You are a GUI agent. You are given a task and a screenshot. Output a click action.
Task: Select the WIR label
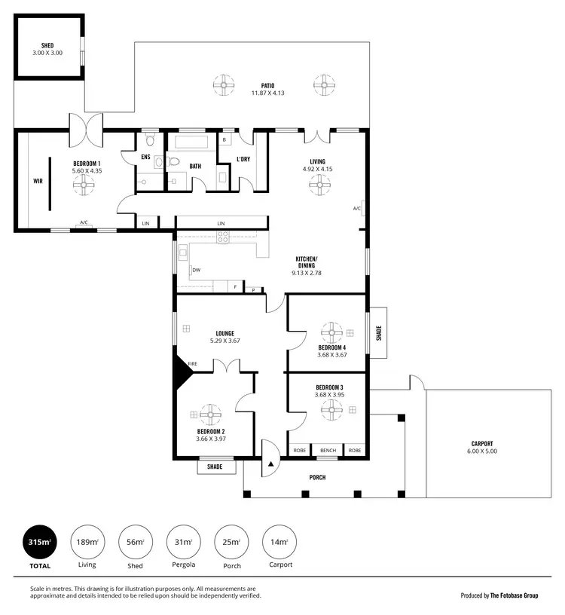pyautogui.click(x=38, y=181)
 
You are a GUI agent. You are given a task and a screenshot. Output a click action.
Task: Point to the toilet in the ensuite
pyautogui.click(x=149, y=141)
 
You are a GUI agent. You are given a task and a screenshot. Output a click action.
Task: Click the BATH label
pyautogui.click(x=195, y=166)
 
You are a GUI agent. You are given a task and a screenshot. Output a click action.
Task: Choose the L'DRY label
pyautogui.click(x=243, y=159)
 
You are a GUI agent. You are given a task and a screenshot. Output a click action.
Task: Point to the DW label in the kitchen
pyautogui.click(x=196, y=269)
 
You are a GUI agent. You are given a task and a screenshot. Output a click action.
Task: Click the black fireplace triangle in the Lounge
pyautogui.click(x=183, y=369)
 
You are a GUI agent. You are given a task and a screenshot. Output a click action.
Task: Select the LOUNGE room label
pyautogui.click(x=224, y=333)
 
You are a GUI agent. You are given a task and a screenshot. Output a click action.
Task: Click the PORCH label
pyautogui.click(x=317, y=477)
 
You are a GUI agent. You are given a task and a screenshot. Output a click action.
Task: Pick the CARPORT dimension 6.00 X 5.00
pyautogui.click(x=481, y=451)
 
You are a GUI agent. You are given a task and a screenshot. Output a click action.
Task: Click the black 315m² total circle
pyautogui.click(x=39, y=542)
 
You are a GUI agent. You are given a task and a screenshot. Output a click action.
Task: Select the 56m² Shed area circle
pyautogui.click(x=135, y=542)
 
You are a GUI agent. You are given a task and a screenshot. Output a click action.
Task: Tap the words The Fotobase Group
pyautogui.click(x=515, y=595)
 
